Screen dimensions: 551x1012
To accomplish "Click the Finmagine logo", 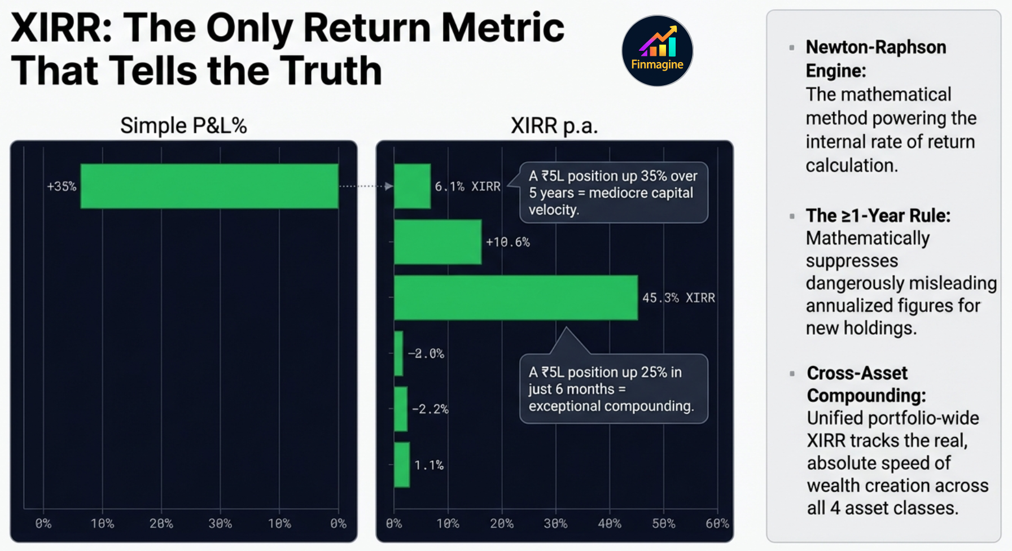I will tap(657, 51).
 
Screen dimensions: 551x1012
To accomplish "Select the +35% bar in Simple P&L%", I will tap(209, 186).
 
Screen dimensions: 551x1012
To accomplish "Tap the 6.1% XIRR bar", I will tap(412, 186).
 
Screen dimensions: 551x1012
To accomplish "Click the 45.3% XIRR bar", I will tap(516, 298).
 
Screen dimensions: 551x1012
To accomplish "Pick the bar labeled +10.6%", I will tap(437, 242).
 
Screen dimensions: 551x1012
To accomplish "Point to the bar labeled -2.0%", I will tap(398, 353).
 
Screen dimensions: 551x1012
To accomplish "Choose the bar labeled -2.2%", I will tap(401, 409).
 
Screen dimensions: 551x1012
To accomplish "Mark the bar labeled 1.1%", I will tap(402, 465).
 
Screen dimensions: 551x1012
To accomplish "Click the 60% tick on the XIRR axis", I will tap(717, 523).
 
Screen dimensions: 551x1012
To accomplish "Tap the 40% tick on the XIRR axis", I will tap(610, 523).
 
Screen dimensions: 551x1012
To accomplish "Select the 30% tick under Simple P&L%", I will tap(220, 523).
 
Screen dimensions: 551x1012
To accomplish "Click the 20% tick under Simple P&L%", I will tap(161, 523).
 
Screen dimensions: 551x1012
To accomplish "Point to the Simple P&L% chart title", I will tap(183, 125).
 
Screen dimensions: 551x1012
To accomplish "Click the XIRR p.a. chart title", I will tap(554, 125).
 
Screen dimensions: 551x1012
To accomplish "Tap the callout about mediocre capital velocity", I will tap(614, 193).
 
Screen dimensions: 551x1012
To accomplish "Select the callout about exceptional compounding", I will tap(614, 389).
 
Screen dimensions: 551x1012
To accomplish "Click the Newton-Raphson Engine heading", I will tap(875, 59).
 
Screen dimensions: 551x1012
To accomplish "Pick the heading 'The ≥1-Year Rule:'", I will tap(878, 216).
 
